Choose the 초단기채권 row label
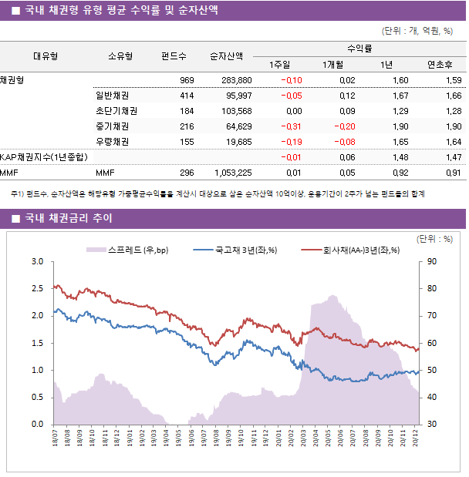[x=112, y=111]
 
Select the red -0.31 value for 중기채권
[x=292, y=126]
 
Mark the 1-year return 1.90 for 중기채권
[x=400, y=126]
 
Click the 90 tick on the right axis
[x=430, y=261]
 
